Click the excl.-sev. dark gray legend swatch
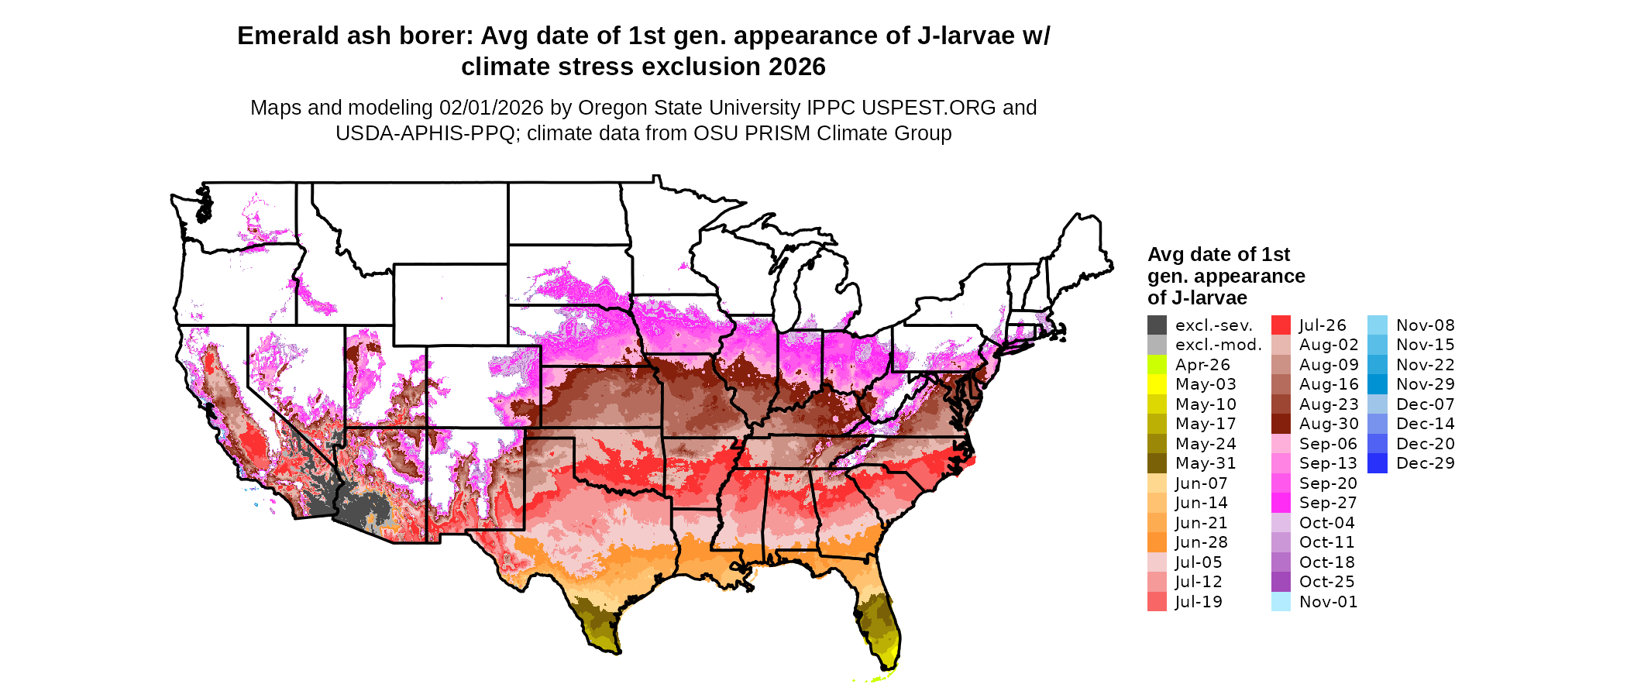1157,325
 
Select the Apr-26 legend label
1202,365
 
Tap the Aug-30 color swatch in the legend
1281,424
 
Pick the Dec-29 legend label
1425,463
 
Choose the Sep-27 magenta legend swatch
1281,503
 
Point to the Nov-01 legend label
1328,602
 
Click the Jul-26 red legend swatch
1281,325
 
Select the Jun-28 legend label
1201,542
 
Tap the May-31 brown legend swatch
1157,463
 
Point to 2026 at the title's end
797,67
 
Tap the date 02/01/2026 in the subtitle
491,108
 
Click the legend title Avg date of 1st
1218,254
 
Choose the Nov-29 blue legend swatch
1378,384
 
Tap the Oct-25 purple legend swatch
1281,582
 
